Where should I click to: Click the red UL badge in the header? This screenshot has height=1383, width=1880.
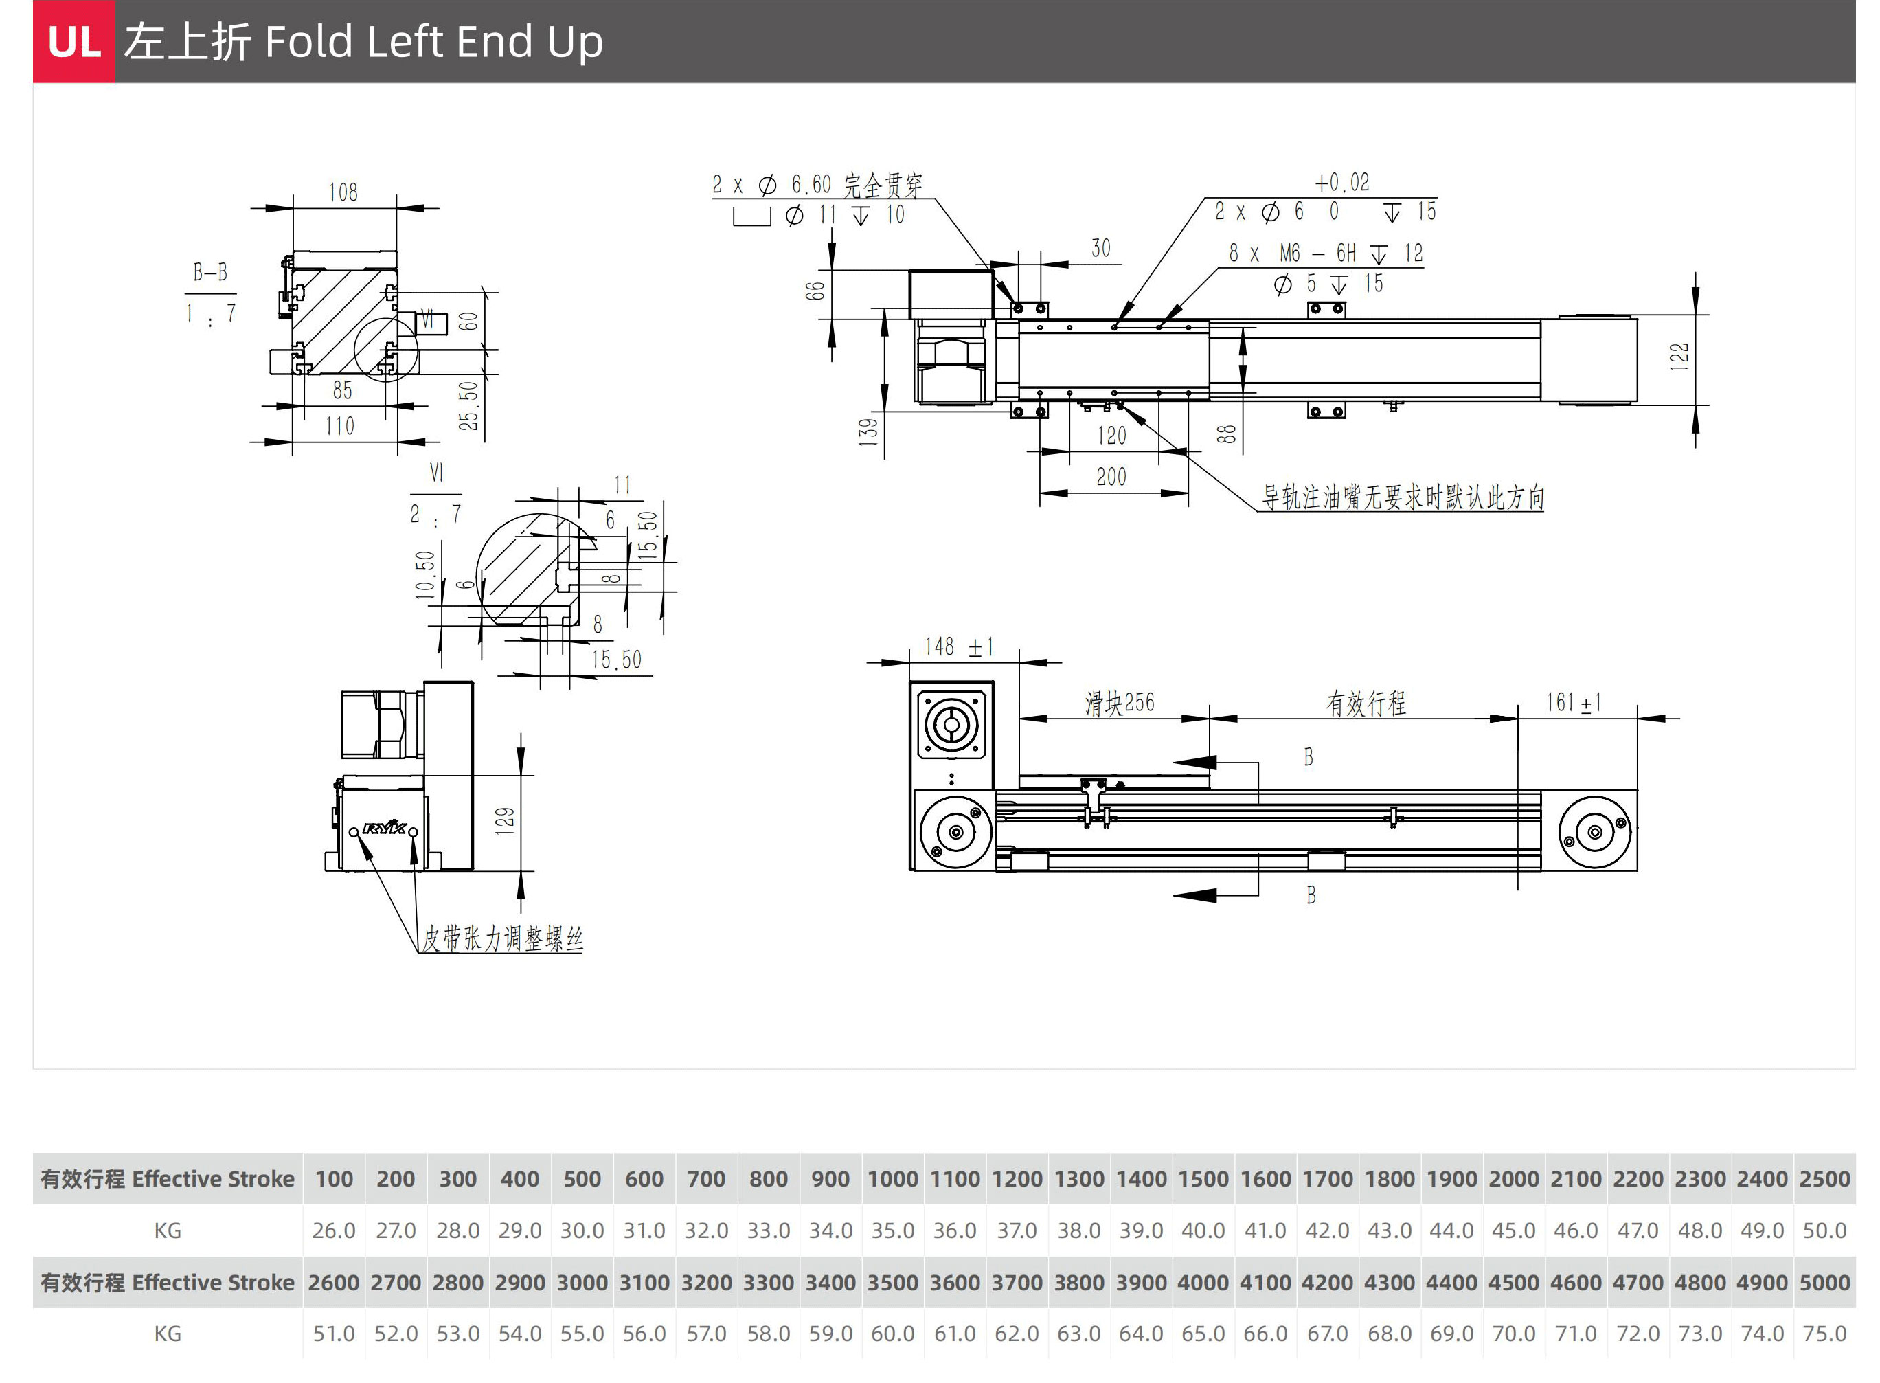(73, 41)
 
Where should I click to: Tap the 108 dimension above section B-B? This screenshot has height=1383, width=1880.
(343, 192)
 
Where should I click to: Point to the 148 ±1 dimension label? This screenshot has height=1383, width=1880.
(958, 647)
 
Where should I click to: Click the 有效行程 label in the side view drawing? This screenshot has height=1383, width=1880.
(1366, 704)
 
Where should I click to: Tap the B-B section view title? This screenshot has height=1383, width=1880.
(210, 272)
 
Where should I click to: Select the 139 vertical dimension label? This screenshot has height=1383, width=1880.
(868, 431)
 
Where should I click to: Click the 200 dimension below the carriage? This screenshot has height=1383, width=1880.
(1111, 477)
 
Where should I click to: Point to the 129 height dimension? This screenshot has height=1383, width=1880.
(504, 820)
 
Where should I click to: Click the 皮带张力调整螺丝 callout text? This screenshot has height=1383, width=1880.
(501, 938)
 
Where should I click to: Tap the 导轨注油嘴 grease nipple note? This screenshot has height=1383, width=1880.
(1402, 497)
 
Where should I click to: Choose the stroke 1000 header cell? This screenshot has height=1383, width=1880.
(892, 1179)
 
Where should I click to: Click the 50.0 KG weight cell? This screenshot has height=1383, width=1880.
(1824, 1230)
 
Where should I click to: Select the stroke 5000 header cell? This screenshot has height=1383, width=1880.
(1824, 1283)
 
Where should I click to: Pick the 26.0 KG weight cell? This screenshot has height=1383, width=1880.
(333, 1230)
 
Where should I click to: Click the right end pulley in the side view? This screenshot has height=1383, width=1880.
(1594, 832)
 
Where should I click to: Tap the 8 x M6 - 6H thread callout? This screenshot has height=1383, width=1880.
(1325, 253)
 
